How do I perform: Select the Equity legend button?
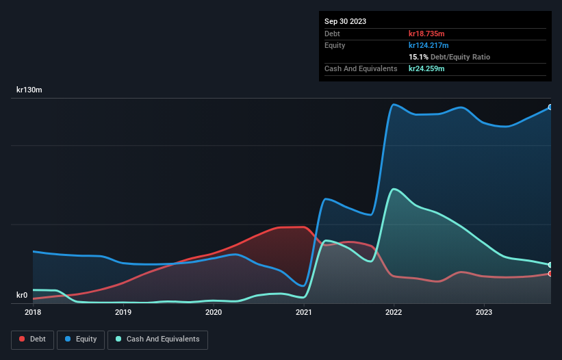click(x=81, y=339)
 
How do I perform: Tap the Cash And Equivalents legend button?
click(x=157, y=339)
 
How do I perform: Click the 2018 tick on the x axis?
click(x=33, y=312)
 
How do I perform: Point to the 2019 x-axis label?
click(x=123, y=312)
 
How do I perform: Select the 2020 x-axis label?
click(x=214, y=312)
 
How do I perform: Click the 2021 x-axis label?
click(x=304, y=312)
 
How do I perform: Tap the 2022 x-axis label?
click(x=394, y=312)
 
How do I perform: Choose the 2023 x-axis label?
click(x=484, y=312)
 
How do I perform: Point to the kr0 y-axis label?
click(x=23, y=296)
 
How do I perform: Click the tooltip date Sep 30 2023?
click(x=345, y=21)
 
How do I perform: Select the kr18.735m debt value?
click(x=427, y=34)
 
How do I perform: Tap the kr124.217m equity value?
click(x=429, y=45)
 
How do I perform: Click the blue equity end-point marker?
click(x=550, y=107)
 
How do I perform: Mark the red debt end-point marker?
click(x=550, y=274)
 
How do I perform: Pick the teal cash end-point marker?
click(x=550, y=265)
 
